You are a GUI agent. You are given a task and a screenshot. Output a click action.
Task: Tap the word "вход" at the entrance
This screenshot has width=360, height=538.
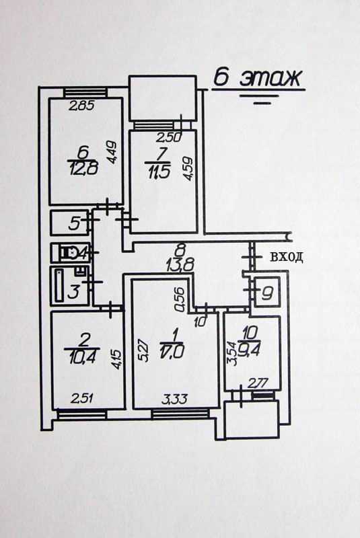287,257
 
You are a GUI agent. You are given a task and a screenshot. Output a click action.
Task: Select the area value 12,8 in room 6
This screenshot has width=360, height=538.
84,169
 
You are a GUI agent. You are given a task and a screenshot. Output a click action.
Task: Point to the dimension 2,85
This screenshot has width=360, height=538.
81,106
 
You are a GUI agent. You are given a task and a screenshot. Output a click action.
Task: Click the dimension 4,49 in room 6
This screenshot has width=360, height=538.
113,153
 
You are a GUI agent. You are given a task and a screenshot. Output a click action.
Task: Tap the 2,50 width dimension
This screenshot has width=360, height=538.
168,138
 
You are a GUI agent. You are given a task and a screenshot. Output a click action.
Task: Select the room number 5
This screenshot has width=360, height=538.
74,224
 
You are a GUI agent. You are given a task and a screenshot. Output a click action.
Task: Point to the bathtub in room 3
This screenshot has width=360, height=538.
60,285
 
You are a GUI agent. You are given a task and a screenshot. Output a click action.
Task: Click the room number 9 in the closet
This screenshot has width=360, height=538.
267,293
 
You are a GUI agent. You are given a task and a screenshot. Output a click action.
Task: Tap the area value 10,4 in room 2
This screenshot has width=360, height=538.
82,359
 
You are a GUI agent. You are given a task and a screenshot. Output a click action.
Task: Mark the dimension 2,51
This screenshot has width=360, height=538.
82,398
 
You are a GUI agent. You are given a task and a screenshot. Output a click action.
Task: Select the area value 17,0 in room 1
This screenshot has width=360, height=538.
172,352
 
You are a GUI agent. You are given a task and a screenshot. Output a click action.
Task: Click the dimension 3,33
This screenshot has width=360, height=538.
175,399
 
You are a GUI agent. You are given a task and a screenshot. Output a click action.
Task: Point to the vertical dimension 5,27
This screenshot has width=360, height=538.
144,350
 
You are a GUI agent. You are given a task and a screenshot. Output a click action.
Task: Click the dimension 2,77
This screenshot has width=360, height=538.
258,383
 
